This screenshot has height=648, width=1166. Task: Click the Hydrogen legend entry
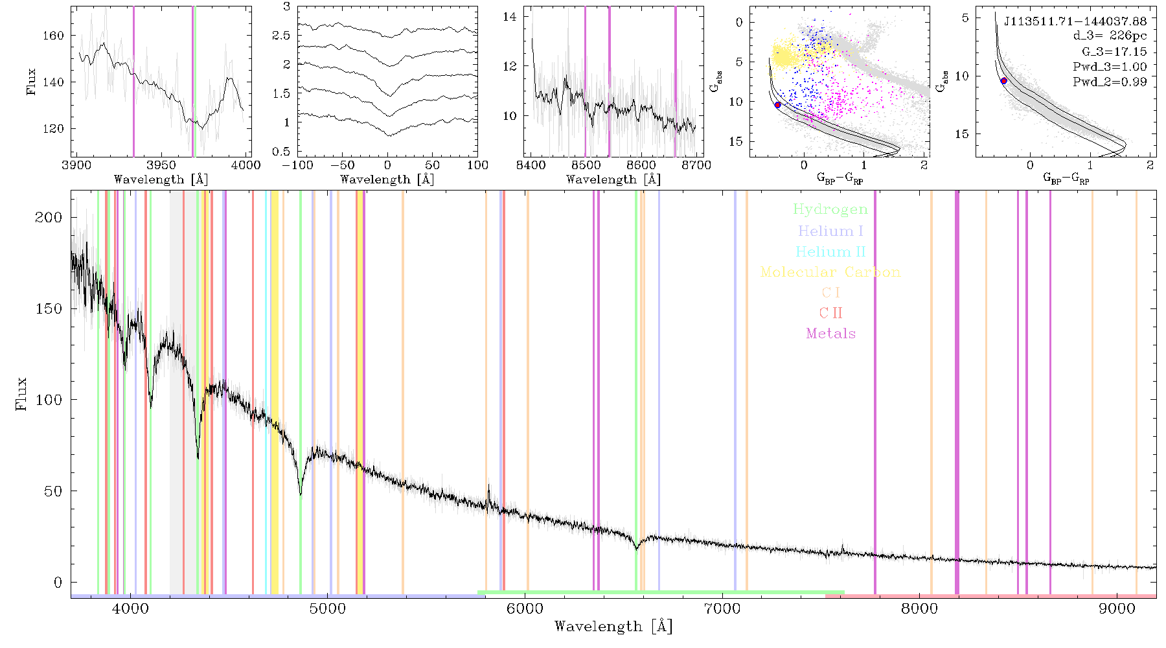pyautogui.click(x=830, y=209)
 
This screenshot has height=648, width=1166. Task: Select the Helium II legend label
pyautogui.click(x=830, y=251)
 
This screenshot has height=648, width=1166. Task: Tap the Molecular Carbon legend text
pyautogui.click(x=830, y=272)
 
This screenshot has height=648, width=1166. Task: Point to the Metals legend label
pyautogui.click(x=831, y=333)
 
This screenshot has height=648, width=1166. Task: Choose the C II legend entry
pyautogui.click(x=830, y=313)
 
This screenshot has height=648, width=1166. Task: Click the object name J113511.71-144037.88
pyautogui.click(x=1075, y=21)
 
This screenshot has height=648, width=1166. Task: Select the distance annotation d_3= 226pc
pyautogui.click(x=1110, y=36)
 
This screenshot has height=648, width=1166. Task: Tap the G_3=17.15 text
pyautogui.click(x=1114, y=52)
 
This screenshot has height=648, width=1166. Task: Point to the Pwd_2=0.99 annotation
pyautogui.click(x=1110, y=82)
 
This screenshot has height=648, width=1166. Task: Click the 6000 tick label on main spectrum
pyautogui.click(x=525, y=608)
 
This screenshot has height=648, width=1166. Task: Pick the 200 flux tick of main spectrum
pyautogui.click(x=49, y=217)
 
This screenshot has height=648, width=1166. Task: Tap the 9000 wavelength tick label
pyautogui.click(x=1117, y=608)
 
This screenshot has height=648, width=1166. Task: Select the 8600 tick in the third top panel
pyautogui.click(x=641, y=165)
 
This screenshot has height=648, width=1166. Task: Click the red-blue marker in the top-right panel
pyautogui.click(x=1003, y=81)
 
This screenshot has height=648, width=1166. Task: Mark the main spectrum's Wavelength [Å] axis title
pyautogui.click(x=613, y=627)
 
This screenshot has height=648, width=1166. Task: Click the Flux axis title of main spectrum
pyautogui.click(x=21, y=393)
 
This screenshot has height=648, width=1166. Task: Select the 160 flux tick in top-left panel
pyautogui.click(x=53, y=36)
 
